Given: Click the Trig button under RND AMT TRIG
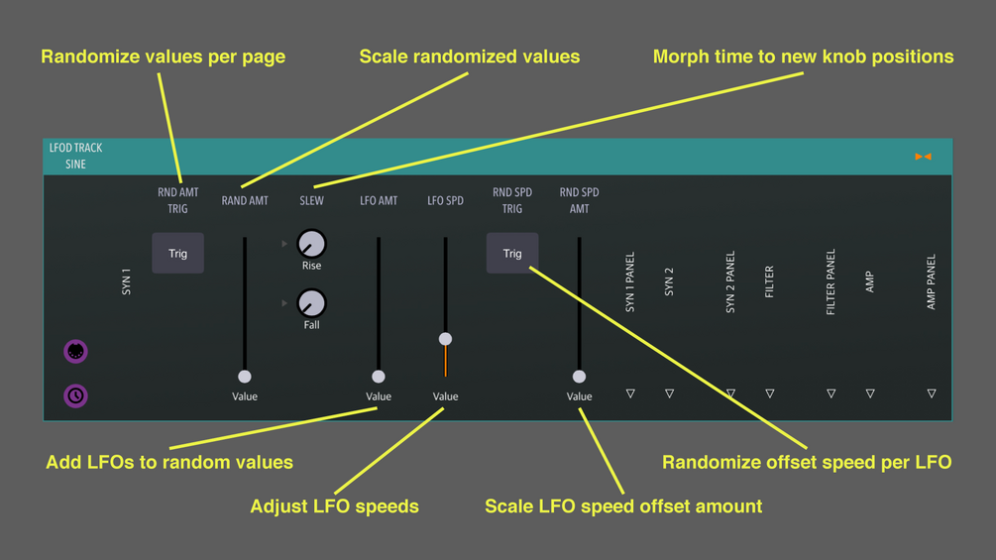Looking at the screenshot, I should pyautogui.click(x=177, y=254).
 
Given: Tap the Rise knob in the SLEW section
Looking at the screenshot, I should pyautogui.click(x=311, y=243).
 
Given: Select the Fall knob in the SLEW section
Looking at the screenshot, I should pyautogui.click(x=311, y=302).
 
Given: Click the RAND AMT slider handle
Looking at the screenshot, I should pyautogui.click(x=245, y=377).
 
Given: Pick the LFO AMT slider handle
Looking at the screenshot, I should pyautogui.click(x=379, y=377).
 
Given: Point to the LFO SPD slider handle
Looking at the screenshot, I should pyautogui.click(x=446, y=339).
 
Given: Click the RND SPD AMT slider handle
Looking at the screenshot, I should pyautogui.click(x=579, y=377).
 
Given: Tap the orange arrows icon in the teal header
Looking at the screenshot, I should pyautogui.click(x=923, y=157).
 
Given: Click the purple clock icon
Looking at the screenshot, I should pyautogui.click(x=75, y=395).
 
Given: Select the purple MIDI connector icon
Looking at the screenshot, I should pyautogui.click(x=75, y=351).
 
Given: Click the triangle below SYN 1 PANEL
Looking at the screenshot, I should pyautogui.click(x=630, y=393).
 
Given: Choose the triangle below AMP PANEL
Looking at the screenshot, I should pyautogui.click(x=932, y=393).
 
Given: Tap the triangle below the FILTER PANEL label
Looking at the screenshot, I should pyautogui.click(x=830, y=393).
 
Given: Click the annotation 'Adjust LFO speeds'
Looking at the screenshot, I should pyautogui.click(x=334, y=506).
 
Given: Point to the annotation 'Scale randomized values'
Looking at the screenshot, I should pyautogui.click(x=470, y=56).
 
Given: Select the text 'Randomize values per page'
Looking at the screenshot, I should pyautogui.click(x=163, y=56).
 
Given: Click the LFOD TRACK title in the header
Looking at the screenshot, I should pyautogui.click(x=76, y=148).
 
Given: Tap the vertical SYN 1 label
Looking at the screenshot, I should pyautogui.click(x=126, y=282).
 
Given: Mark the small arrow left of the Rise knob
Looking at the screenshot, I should pyautogui.click(x=284, y=243).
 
